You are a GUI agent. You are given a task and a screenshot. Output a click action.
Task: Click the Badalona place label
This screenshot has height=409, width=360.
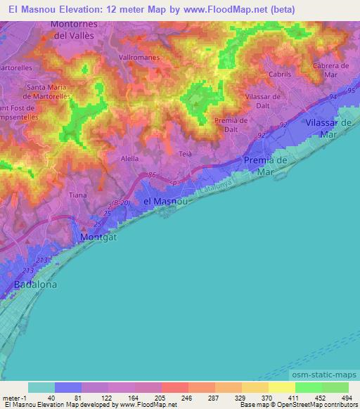[x=35, y=285]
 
